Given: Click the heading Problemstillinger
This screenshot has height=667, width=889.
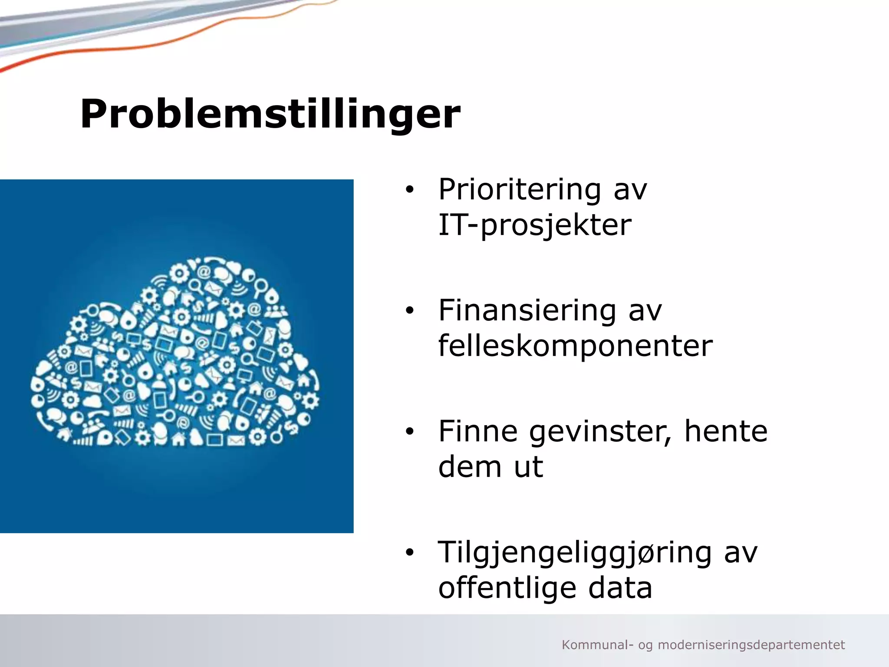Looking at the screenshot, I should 270,114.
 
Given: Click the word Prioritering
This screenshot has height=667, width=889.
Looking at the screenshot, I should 520,190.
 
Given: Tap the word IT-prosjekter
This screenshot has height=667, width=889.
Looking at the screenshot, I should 535,225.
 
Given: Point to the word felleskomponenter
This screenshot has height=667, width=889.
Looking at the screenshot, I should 575,346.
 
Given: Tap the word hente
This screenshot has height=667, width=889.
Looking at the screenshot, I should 726,431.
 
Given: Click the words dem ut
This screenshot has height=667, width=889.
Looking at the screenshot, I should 491,467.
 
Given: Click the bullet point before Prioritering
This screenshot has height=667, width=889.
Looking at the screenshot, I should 409,190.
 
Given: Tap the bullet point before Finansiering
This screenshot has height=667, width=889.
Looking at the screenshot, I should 409,311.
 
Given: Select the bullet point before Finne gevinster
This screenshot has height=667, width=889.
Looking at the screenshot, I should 409,432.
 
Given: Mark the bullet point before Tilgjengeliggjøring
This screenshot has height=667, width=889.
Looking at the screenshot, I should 409,552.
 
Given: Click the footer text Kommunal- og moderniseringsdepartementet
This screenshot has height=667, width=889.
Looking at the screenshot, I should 703,645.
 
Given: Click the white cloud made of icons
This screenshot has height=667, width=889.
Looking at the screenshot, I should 176,356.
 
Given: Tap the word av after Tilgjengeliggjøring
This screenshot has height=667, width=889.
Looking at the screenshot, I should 741,553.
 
